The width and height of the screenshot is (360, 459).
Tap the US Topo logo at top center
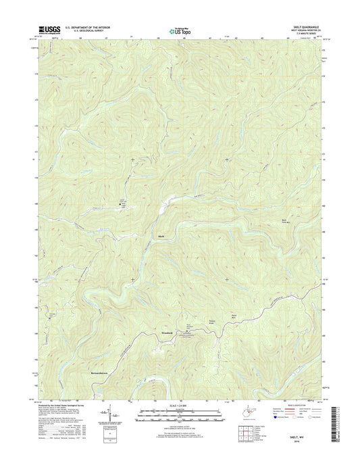(179, 30)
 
